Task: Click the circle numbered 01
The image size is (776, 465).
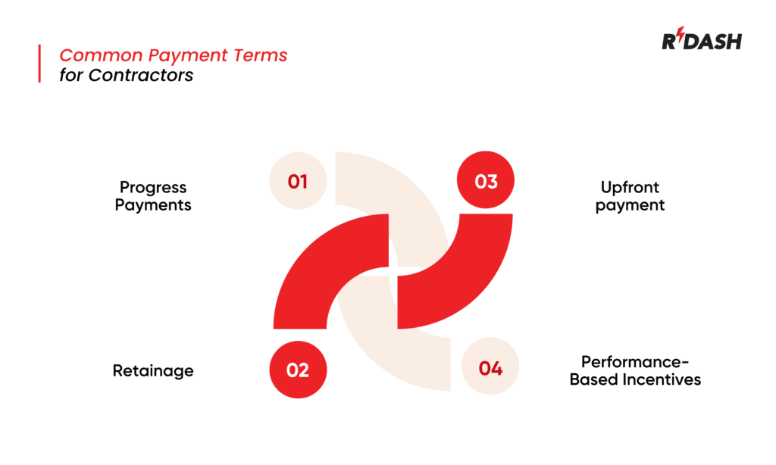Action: [x=298, y=181]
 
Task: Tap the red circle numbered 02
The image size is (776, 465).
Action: [x=298, y=370]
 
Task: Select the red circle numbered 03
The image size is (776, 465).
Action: [x=486, y=182]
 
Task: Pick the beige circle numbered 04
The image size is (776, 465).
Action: [x=490, y=369]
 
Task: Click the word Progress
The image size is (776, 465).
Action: [x=153, y=188]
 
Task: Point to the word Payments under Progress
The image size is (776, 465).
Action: [x=153, y=205]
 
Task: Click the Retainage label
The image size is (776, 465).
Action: [x=153, y=370]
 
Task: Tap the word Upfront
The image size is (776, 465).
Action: [x=630, y=187]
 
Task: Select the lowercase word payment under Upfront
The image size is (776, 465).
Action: [x=630, y=205]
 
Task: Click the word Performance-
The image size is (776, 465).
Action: [x=635, y=361]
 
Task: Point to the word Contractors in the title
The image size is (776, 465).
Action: [x=140, y=75]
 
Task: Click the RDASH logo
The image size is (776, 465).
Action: [x=702, y=41]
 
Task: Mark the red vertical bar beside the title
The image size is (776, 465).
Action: [x=39, y=64]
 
